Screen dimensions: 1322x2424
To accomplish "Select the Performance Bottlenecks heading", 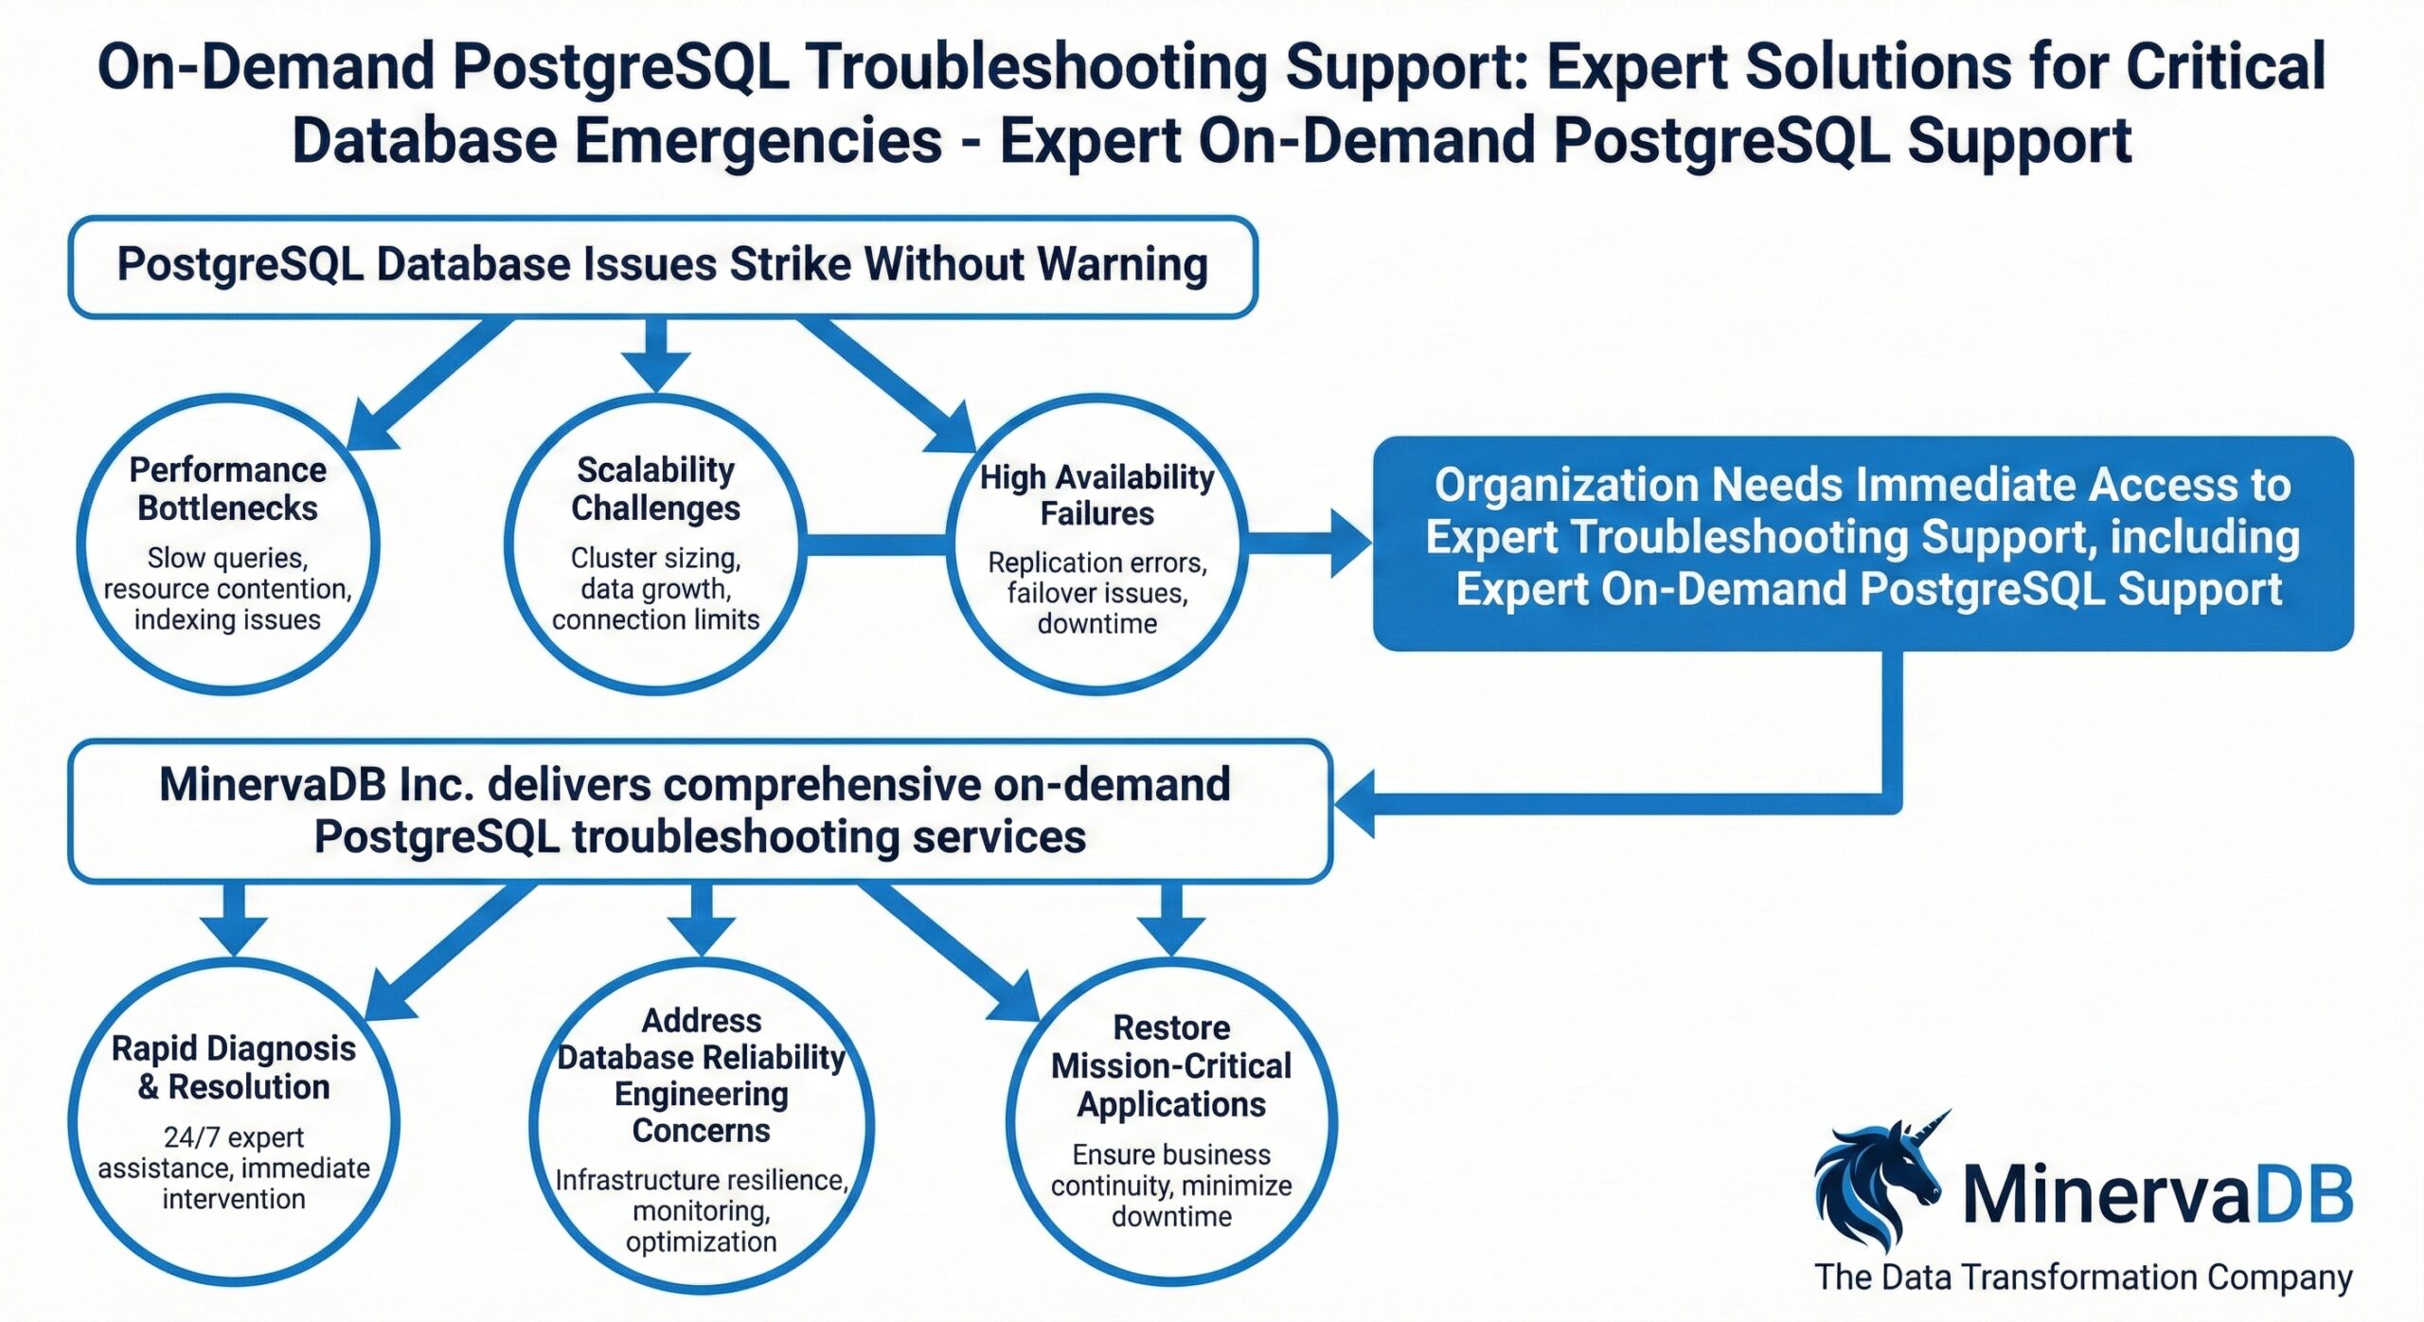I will coord(227,489).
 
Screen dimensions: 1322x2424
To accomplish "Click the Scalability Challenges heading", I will coord(655,489).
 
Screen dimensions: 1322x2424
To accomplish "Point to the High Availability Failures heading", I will coord(1096,495).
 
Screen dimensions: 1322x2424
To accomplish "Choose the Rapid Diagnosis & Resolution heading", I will coord(234,1067).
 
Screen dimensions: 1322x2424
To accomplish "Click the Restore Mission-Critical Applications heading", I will coord(1171,1065).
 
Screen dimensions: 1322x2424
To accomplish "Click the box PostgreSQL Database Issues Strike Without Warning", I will coord(663,266).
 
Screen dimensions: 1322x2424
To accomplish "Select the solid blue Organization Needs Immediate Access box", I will coord(1863,543).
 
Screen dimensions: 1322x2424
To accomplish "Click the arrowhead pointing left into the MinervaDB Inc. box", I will coord(1356,804).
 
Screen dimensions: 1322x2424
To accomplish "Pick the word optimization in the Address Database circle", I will coord(701,1242).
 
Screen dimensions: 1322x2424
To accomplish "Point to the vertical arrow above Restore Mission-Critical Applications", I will coord(1171,919).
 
